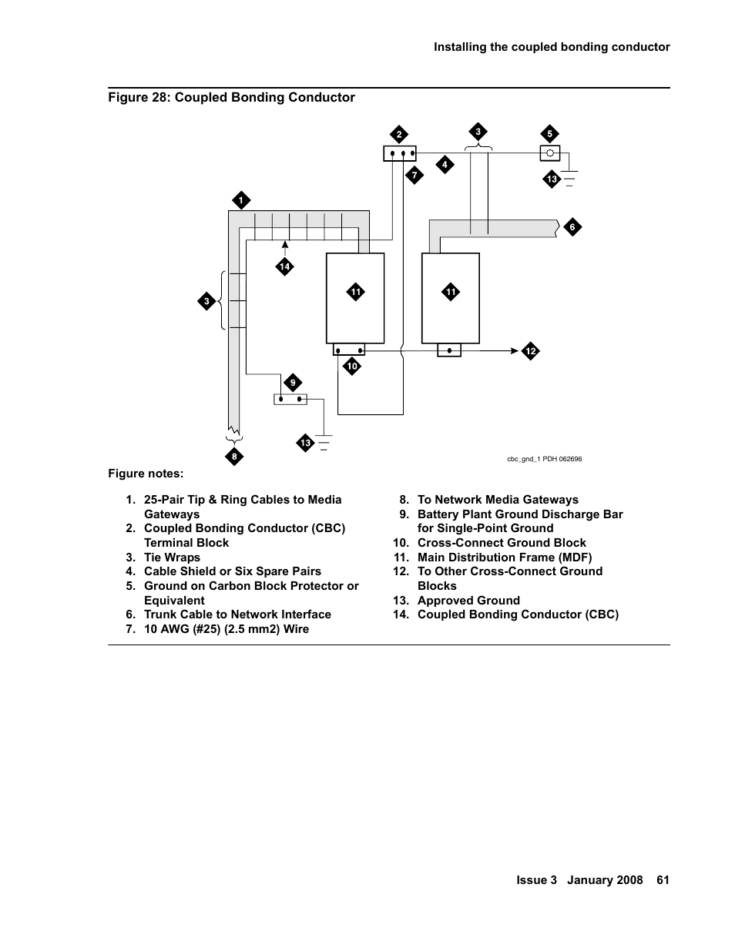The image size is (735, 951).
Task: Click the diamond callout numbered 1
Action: point(240,200)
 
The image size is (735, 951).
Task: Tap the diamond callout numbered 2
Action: point(399,135)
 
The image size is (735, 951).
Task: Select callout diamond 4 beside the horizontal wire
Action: point(444,164)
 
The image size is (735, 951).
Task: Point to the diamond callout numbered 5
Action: point(550,134)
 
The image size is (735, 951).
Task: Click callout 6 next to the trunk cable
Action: point(572,227)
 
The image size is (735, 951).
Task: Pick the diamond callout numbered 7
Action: point(414,175)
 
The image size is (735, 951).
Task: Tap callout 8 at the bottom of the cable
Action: point(234,457)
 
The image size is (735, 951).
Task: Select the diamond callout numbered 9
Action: point(293,383)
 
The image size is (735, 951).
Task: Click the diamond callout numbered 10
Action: point(352,367)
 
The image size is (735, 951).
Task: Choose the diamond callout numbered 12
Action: point(530,351)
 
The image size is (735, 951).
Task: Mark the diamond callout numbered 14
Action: point(285,266)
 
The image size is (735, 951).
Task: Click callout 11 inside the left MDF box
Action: point(355,292)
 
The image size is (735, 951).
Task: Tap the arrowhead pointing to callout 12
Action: point(515,350)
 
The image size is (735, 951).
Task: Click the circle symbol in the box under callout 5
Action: point(550,153)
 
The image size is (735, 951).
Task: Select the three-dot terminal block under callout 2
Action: point(399,153)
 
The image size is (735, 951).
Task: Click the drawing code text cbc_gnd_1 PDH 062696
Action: point(544,459)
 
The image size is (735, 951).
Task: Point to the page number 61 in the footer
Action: point(663,880)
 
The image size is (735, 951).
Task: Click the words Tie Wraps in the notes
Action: point(172,557)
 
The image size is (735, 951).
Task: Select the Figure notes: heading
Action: point(146,474)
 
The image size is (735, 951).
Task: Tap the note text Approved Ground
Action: point(468,600)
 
